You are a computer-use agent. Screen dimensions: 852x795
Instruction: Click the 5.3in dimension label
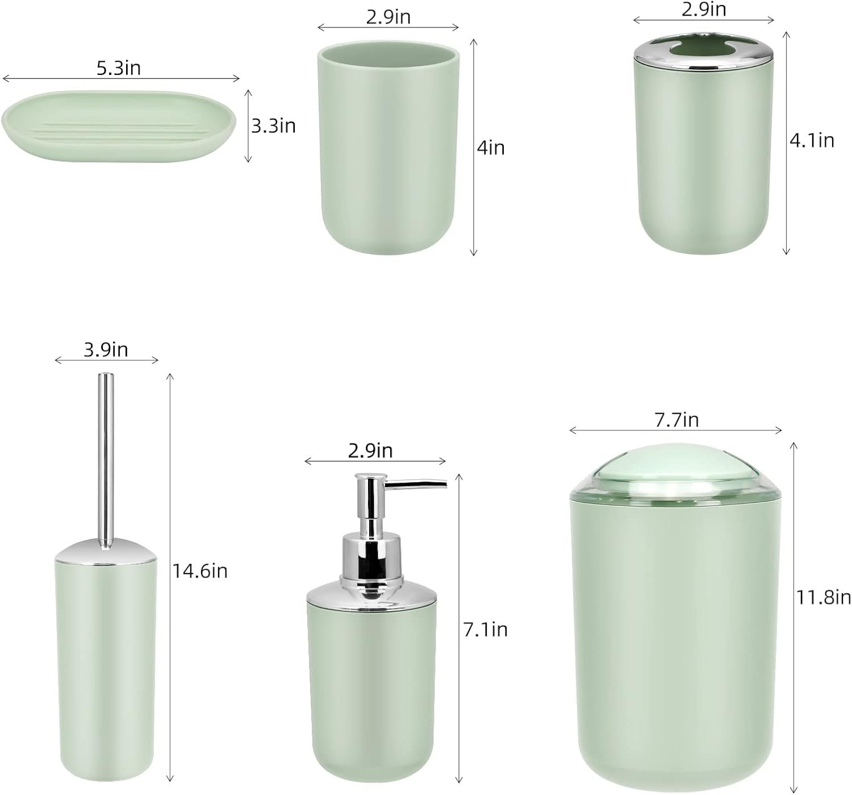point(118,68)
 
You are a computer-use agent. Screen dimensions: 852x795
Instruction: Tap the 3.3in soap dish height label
point(273,126)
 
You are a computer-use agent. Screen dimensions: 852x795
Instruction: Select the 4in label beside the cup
point(491,148)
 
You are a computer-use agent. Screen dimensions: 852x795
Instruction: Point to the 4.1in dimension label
point(812,141)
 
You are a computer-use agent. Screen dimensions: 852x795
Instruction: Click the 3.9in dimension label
point(106,350)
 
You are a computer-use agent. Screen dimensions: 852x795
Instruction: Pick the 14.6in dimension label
point(200,571)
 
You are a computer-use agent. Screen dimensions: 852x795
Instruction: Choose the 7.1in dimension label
point(485,629)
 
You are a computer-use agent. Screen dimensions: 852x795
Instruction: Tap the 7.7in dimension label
point(676,420)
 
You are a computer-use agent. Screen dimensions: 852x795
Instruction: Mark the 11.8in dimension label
point(823,597)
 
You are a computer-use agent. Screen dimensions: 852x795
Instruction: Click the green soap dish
point(119,126)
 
